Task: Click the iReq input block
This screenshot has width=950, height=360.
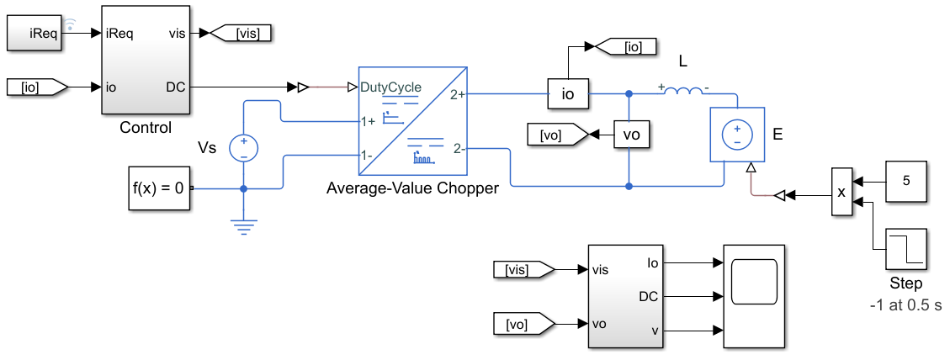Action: point(34,34)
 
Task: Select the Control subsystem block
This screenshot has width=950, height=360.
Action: point(146,60)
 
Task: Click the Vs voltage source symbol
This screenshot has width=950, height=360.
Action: point(243,149)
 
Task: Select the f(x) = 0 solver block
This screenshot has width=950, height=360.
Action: point(159,188)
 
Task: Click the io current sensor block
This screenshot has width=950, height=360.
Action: point(568,94)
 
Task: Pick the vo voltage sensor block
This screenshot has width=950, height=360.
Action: point(631,135)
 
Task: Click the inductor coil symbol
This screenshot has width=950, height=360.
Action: point(684,90)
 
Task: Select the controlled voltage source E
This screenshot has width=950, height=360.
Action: point(738,135)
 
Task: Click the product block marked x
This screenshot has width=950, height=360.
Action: point(841,192)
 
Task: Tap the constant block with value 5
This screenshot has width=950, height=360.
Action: point(906,181)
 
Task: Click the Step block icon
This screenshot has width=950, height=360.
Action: point(906,249)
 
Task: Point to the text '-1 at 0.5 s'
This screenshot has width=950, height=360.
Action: point(905,305)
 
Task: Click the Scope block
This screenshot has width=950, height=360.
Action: point(754,297)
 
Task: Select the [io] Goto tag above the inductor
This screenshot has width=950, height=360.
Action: point(627,46)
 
